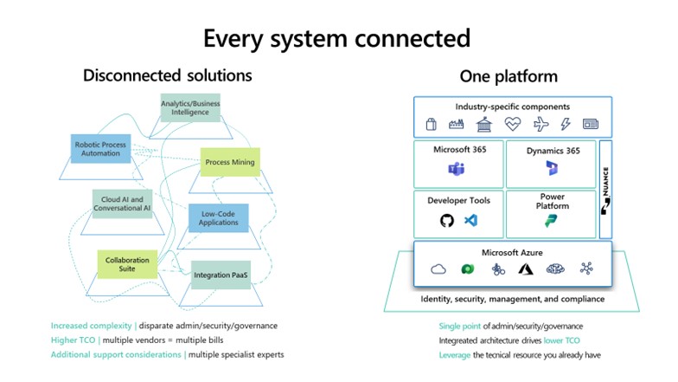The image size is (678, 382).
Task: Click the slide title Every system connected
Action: pos(337,38)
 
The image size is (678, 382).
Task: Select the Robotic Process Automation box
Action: pos(99,149)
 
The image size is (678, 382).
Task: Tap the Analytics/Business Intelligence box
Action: pos(190,108)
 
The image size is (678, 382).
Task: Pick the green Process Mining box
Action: pos(229,162)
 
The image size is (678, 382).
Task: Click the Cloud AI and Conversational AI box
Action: pos(122,204)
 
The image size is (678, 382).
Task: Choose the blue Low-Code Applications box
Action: pos(219,217)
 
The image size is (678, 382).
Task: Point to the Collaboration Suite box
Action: pos(127,264)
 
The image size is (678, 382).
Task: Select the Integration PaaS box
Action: pos(222,275)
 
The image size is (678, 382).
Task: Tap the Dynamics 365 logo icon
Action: pos(552,168)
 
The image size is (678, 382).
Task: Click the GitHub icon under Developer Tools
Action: pos(447,221)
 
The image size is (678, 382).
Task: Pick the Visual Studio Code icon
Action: pos(470,221)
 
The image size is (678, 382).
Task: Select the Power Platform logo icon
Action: pos(552,223)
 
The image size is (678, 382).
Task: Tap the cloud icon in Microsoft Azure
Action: pos(438,269)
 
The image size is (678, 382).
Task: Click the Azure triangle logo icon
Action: pos(524,269)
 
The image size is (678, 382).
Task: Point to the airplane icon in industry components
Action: pos(540,125)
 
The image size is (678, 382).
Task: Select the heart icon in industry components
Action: pos(514,125)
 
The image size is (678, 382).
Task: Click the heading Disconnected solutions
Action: pos(167,75)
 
